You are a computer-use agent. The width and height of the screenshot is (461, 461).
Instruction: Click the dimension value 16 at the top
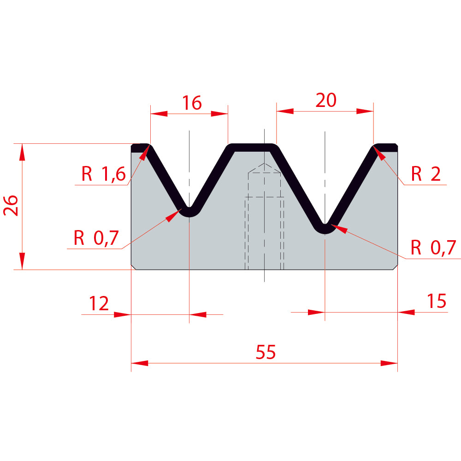(192, 103)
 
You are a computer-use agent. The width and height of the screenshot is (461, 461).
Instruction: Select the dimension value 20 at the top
(326, 100)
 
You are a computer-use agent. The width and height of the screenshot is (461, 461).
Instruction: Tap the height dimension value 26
(11, 205)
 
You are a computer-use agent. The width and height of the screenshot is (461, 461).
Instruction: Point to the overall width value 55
(266, 352)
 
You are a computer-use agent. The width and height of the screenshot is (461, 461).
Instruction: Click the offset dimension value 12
(99, 303)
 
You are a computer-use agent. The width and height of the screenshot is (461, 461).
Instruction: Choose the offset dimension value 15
(437, 301)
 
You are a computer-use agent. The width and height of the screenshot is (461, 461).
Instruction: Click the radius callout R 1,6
(103, 174)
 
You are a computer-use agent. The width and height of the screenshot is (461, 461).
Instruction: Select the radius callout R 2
(426, 174)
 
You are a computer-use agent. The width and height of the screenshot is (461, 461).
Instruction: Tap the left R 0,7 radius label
(96, 238)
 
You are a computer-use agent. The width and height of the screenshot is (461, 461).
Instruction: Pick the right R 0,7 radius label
(433, 247)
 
